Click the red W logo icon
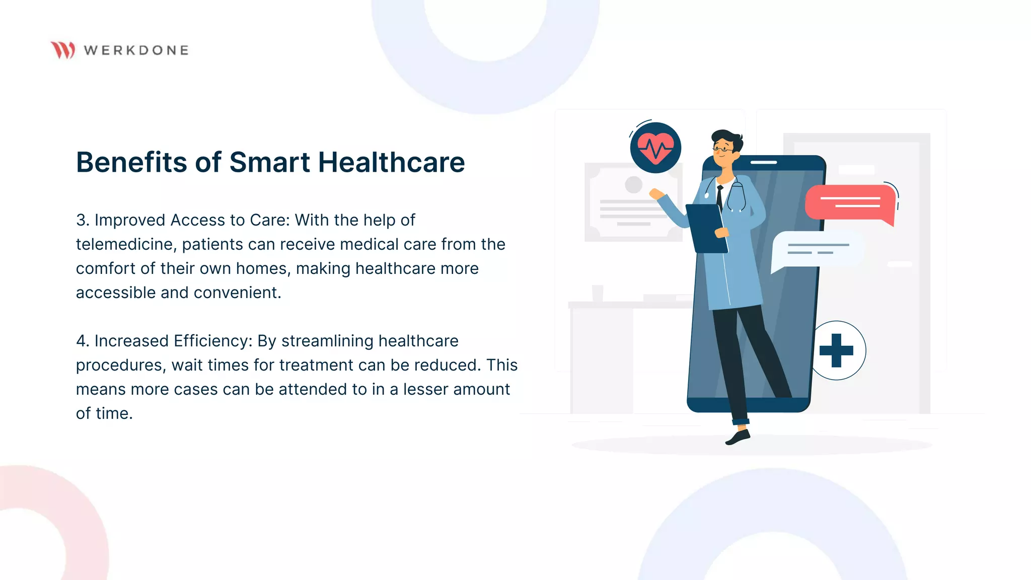(x=63, y=50)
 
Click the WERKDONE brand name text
(x=136, y=50)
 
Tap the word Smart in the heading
(x=269, y=162)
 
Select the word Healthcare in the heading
(x=391, y=162)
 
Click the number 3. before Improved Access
(x=83, y=220)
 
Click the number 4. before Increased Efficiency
(x=83, y=341)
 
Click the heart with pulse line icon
(x=655, y=148)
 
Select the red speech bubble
(x=850, y=202)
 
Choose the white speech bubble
(x=816, y=249)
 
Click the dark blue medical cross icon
(x=836, y=350)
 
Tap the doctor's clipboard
(x=707, y=228)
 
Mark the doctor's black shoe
(x=739, y=437)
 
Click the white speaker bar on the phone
(x=764, y=163)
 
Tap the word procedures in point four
(x=120, y=365)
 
